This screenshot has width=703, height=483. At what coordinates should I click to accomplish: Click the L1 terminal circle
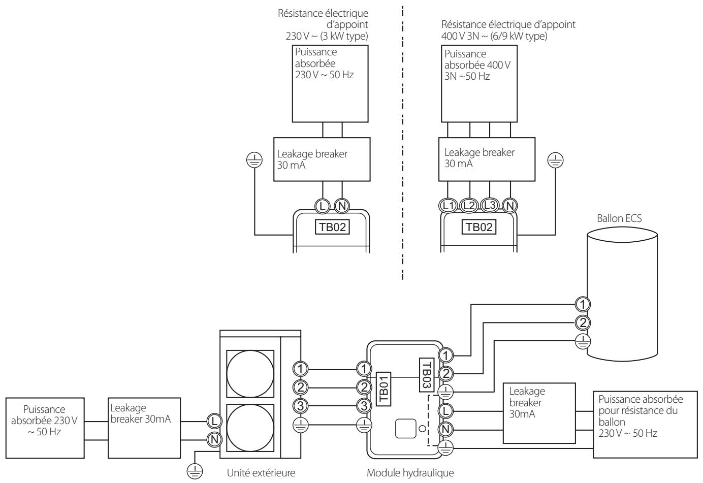(x=448, y=206)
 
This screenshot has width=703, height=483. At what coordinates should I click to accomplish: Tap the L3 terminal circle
(x=489, y=206)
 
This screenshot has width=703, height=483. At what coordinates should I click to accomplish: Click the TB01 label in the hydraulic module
(x=383, y=389)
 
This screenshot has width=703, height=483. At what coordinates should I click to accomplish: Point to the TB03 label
(x=427, y=375)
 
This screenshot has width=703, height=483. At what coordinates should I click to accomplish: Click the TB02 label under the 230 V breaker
(x=332, y=227)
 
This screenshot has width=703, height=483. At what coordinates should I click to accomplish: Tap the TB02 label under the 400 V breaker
(x=479, y=227)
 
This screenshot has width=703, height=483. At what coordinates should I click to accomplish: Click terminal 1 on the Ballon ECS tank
(x=583, y=304)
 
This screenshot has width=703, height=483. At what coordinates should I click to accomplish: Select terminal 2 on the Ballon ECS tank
(x=583, y=323)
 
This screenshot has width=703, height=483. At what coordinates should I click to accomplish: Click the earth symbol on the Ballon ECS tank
(x=583, y=341)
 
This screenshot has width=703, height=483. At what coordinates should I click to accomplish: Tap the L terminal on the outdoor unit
(x=215, y=421)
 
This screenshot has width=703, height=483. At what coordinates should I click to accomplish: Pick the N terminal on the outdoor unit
(x=215, y=439)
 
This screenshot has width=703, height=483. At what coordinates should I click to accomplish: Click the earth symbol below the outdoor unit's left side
(x=195, y=471)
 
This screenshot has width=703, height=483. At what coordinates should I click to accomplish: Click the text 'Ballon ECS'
(x=619, y=218)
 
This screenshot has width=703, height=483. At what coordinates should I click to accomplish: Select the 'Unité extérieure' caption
(x=261, y=473)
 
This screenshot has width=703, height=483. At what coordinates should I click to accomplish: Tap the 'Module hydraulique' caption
(x=410, y=473)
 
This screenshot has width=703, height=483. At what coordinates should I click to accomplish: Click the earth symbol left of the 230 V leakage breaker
(x=254, y=160)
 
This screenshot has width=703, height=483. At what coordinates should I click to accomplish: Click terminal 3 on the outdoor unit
(x=300, y=406)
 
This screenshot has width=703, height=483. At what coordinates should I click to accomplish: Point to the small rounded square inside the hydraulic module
(x=405, y=428)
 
